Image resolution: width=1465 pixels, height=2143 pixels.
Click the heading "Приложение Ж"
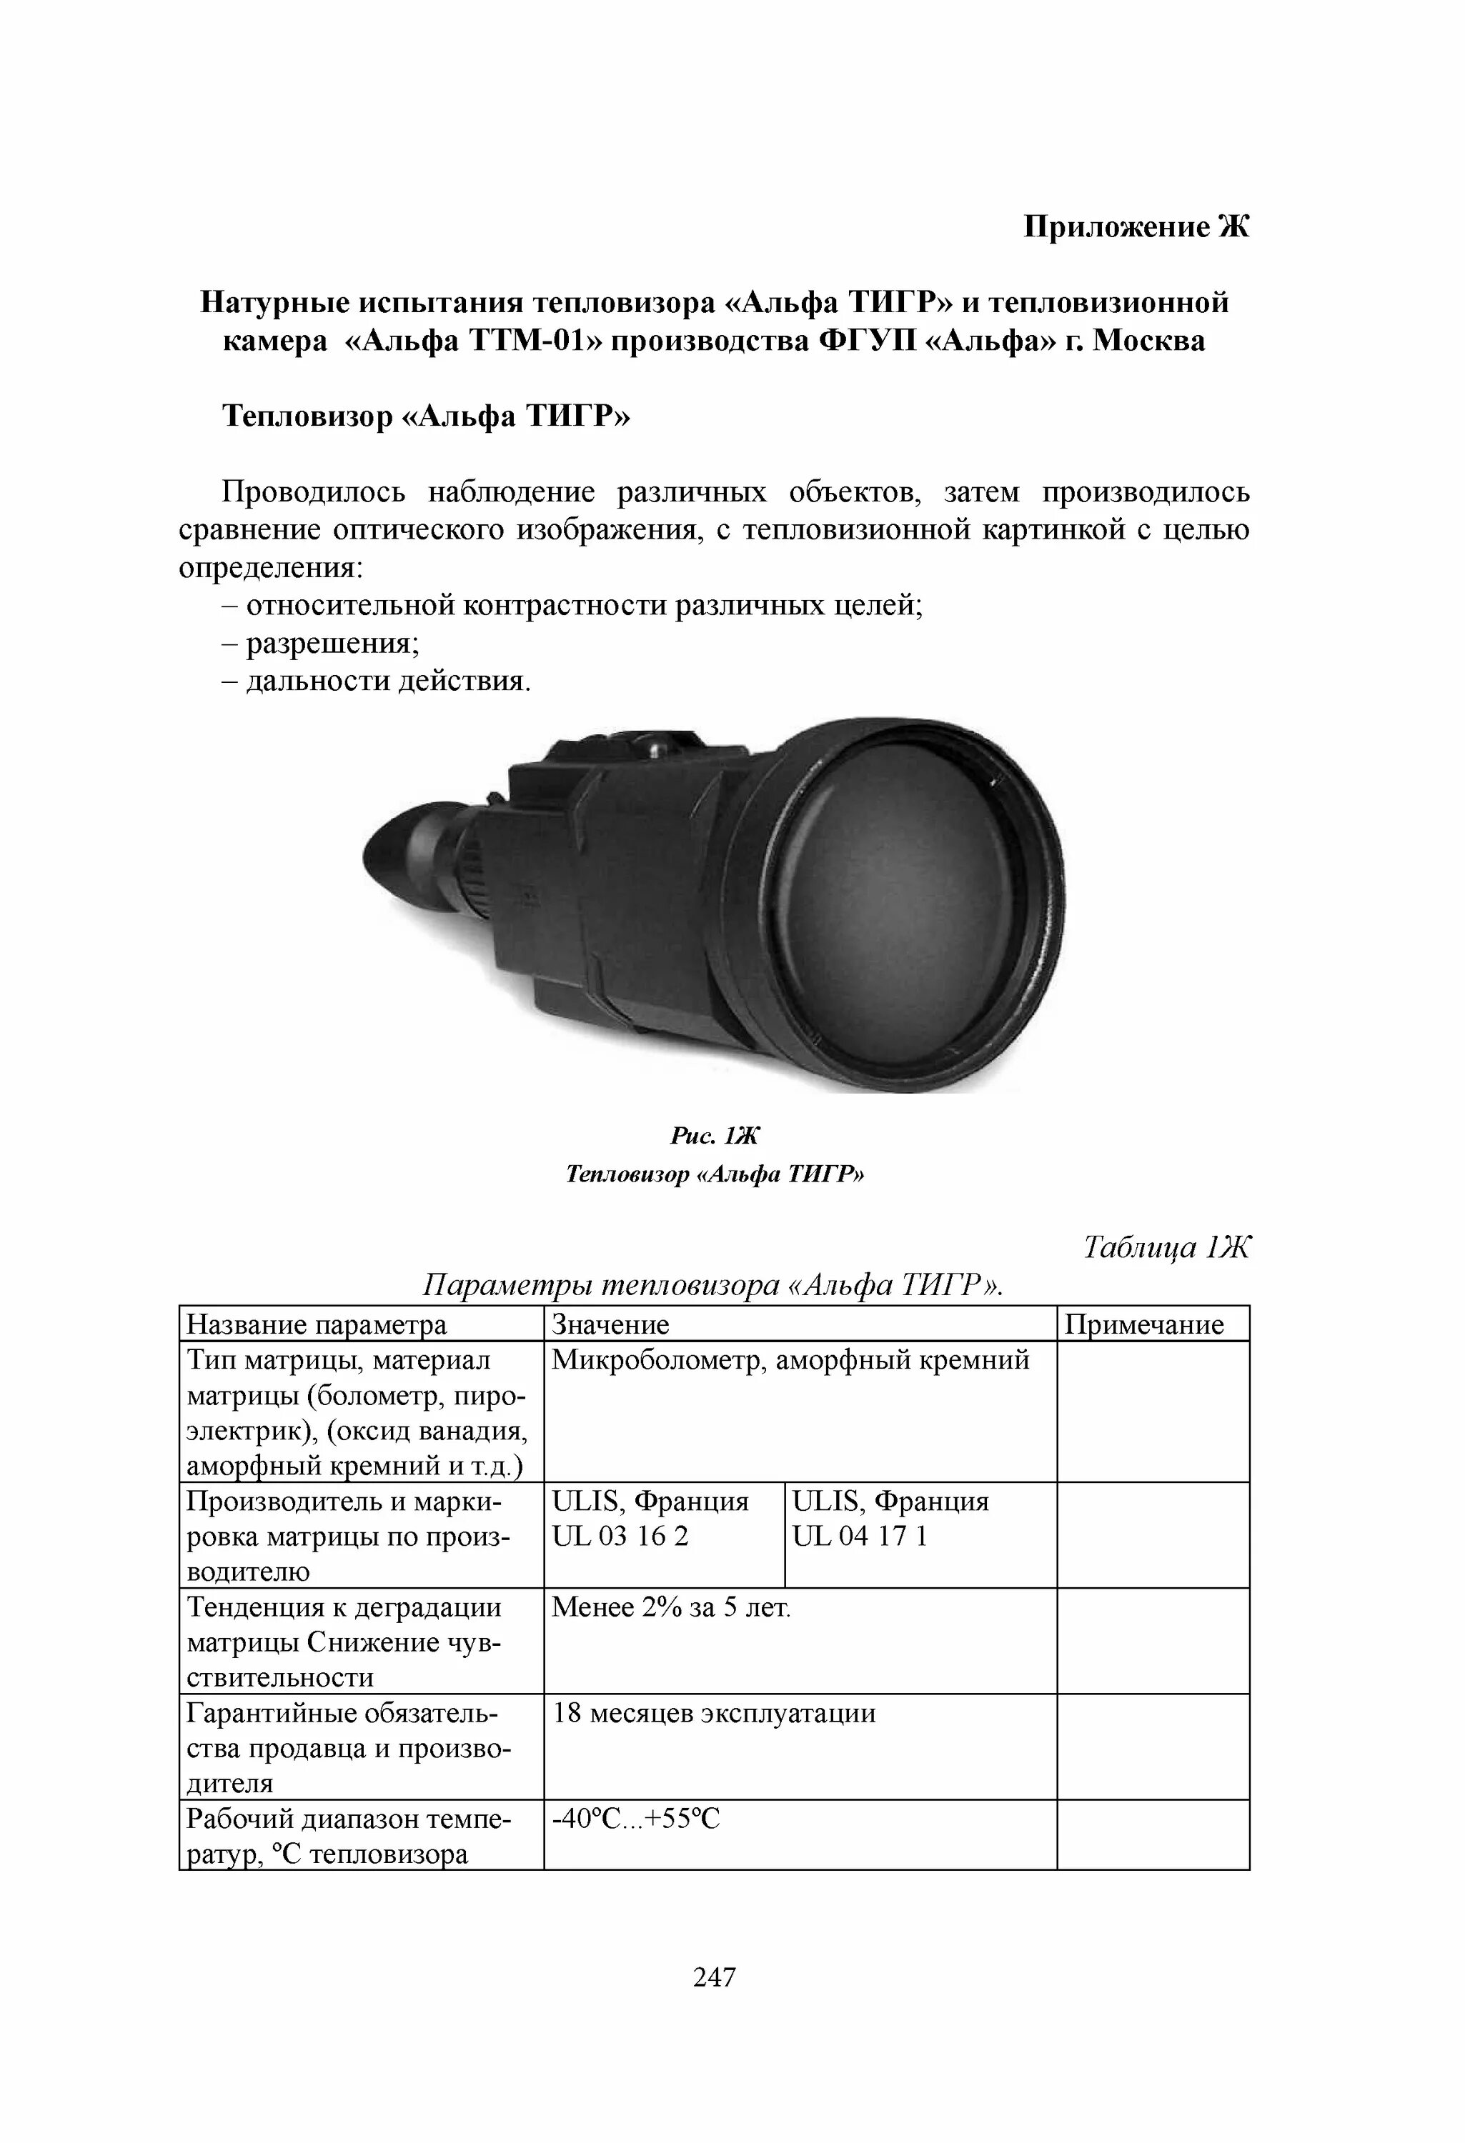click(1136, 227)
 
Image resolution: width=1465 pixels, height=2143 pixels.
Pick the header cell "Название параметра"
click(317, 1325)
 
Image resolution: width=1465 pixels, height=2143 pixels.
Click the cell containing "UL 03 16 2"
click(620, 1537)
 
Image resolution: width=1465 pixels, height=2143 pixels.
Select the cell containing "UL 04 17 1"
click(860, 1537)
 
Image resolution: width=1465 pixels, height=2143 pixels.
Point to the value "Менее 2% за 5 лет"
click(671, 1608)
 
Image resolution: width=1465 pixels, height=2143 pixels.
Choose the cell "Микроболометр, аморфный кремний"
click(790, 1361)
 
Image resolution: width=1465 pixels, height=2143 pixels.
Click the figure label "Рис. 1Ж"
click(714, 1136)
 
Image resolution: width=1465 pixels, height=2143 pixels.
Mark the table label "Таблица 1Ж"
click(1165, 1248)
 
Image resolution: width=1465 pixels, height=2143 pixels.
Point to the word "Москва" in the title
click(1148, 341)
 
